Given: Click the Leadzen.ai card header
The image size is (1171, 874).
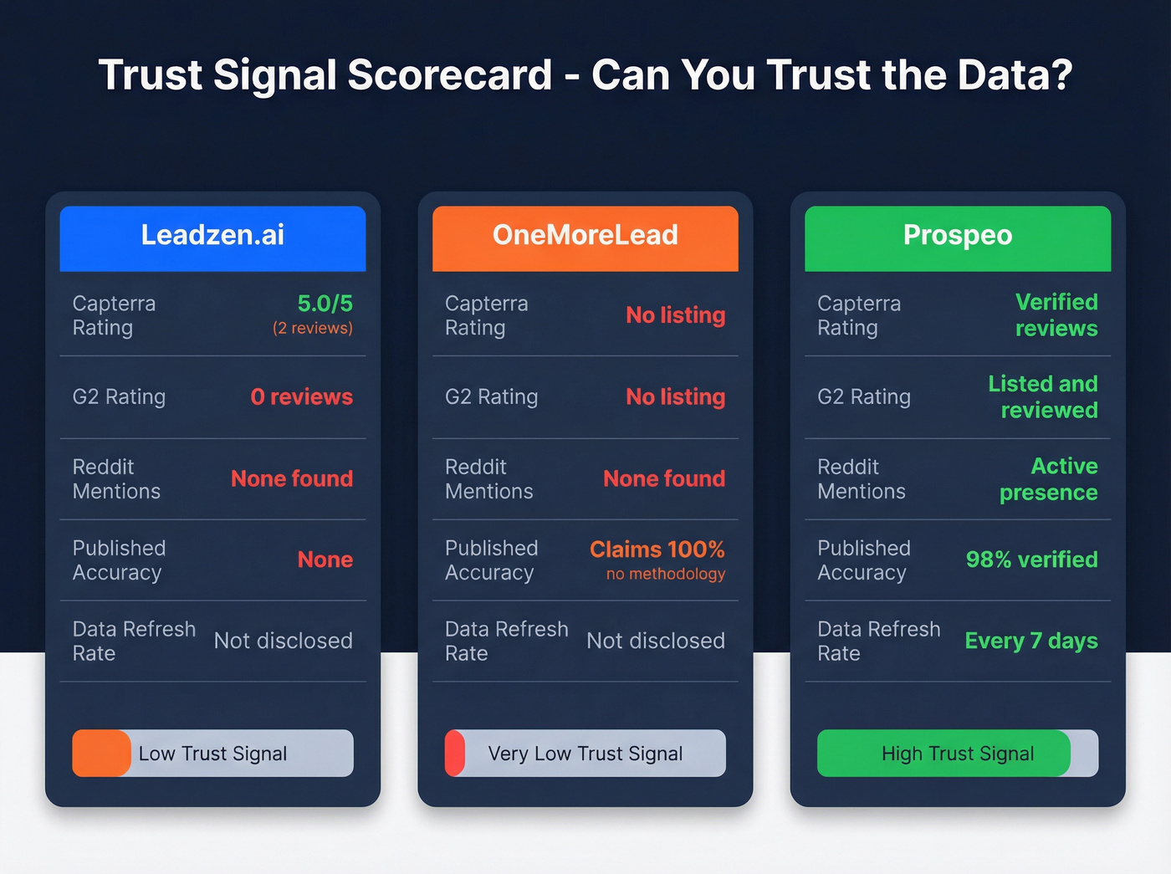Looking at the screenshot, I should [212, 238].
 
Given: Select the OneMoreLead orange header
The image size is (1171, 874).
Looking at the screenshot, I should [585, 238].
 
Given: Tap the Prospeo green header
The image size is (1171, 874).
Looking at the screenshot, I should [958, 238].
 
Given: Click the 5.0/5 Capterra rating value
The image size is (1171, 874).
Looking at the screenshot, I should [325, 303].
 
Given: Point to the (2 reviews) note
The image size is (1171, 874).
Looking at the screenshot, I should [312, 329].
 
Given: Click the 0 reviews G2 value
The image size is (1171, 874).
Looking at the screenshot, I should [301, 396].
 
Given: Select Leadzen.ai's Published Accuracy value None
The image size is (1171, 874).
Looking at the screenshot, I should [325, 560].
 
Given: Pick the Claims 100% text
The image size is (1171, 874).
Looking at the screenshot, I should [657, 549].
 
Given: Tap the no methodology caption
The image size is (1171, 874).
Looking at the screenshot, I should [665, 574].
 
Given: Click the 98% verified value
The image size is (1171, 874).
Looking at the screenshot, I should [1031, 560].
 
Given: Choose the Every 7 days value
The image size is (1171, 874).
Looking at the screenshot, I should [1030, 641].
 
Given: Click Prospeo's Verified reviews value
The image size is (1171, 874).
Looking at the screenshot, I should [1056, 315].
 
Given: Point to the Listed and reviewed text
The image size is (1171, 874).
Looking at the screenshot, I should [1042, 396].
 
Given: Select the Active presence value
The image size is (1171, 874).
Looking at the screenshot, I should [1048, 478].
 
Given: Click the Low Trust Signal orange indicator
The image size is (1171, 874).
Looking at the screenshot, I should [101, 754].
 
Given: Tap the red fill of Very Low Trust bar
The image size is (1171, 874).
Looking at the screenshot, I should [454, 754].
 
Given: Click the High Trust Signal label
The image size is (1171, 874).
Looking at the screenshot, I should [958, 754].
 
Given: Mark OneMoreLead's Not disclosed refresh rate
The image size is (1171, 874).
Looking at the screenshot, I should [655, 641].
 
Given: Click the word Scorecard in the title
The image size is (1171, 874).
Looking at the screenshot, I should [449, 75].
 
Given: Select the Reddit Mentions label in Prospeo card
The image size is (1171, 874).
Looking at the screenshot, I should [861, 478].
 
